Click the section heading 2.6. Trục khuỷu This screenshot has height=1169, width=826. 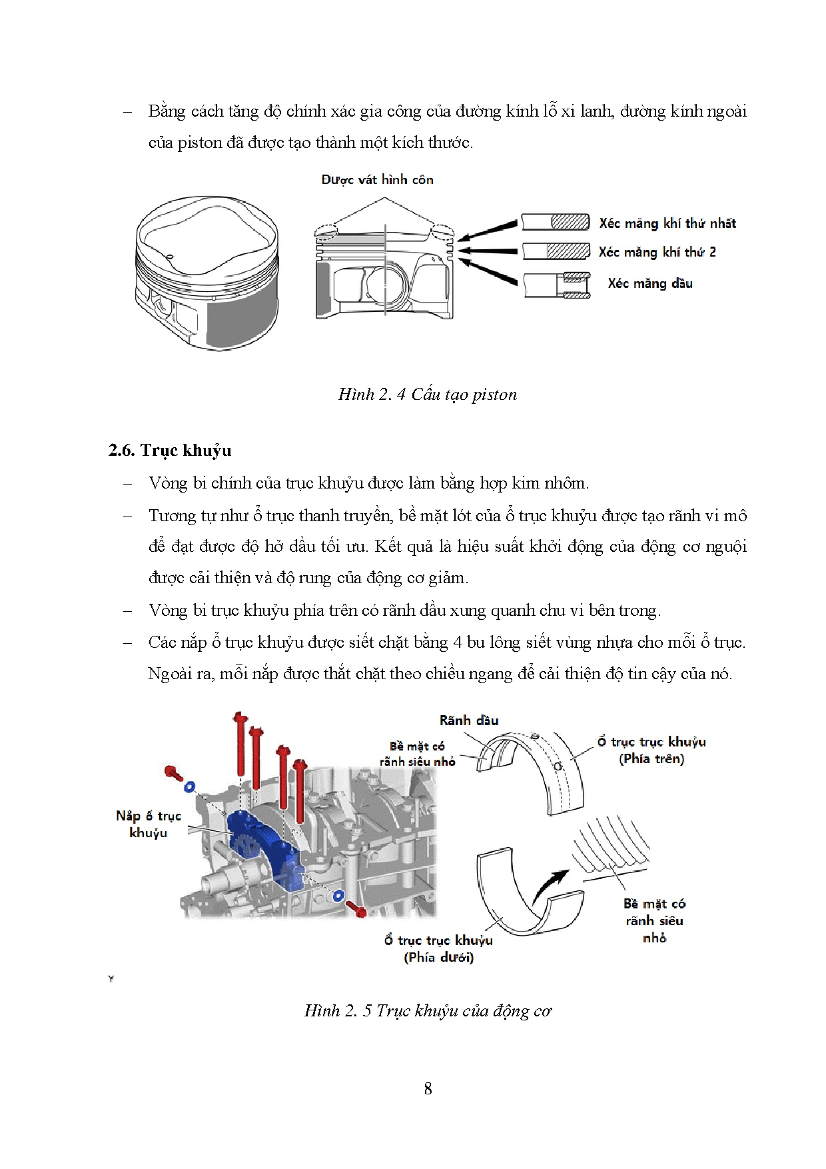(170, 451)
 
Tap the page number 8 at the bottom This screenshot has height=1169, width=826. (428, 1088)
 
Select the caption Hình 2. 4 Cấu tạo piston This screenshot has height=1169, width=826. (427, 395)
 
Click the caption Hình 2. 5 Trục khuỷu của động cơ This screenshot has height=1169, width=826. (428, 1011)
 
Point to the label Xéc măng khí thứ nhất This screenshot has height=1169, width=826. (667, 223)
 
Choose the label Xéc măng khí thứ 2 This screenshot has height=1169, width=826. (657, 252)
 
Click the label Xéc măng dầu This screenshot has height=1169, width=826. (649, 283)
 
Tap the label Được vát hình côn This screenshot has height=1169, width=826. (377, 180)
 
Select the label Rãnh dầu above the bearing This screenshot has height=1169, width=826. (468, 720)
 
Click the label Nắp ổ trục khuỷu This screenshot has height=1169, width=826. (148, 824)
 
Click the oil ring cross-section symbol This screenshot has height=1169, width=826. (576, 285)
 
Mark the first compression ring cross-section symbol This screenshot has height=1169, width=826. (570, 222)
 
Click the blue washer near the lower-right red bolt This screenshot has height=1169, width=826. (338, 895)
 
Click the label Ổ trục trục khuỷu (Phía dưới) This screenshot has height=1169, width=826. (438, 948)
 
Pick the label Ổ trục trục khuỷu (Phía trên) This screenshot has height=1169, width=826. (651, 750)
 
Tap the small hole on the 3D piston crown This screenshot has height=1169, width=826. (169, 257)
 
